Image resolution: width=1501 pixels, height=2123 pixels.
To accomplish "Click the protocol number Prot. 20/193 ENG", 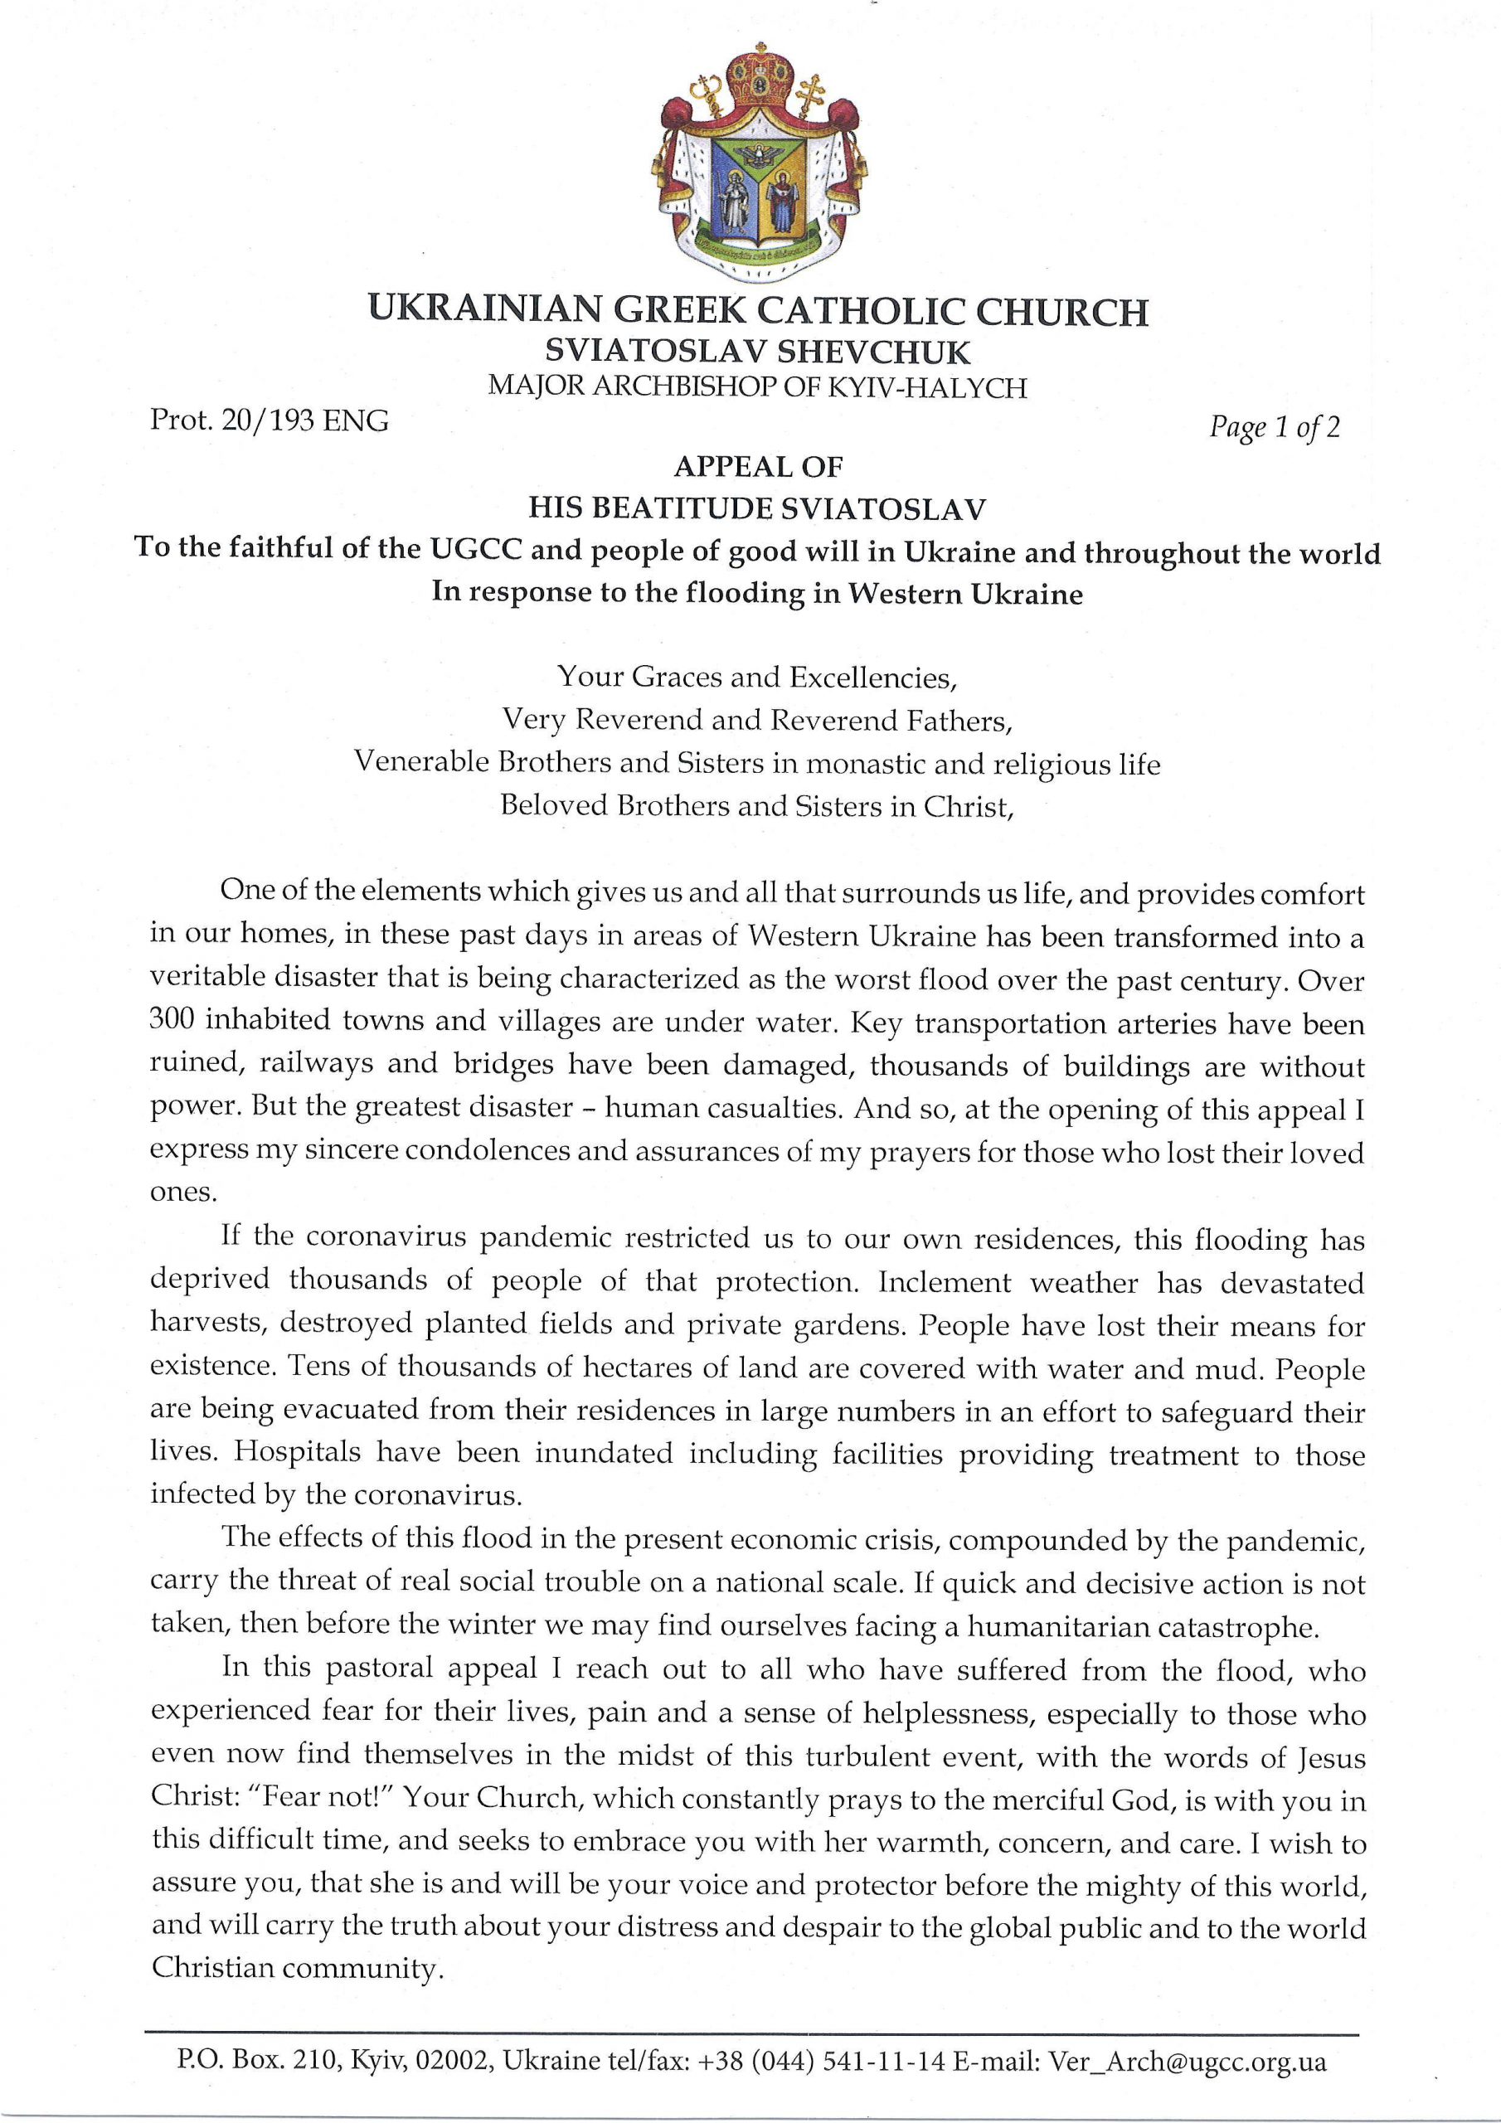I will click(x=270, y=421).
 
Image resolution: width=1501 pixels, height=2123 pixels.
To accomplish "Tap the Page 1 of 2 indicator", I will click(x=1275, y=427).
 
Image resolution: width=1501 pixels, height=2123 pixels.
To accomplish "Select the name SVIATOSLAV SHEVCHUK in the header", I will click(x=757, y=352).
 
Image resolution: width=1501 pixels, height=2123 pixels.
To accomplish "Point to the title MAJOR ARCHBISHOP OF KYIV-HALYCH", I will click(x=757, y=386).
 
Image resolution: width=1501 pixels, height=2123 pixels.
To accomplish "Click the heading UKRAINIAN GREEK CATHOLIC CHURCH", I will click(x=757, y=311).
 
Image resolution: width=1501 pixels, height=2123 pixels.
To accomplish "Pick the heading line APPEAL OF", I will click(x=757, y=466).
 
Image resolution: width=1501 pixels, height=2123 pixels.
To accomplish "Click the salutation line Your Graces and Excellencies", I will click(x=756, y=678).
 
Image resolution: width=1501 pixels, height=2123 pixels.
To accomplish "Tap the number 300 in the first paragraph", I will click(x=171, y=1020).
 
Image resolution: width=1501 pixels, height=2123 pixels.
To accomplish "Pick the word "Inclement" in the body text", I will click(x=945, y=1281).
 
